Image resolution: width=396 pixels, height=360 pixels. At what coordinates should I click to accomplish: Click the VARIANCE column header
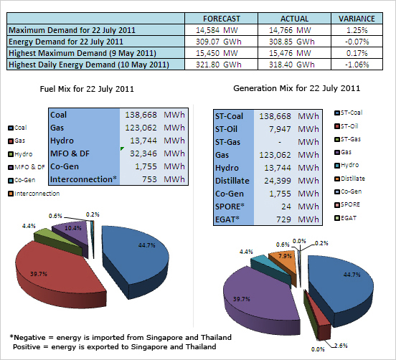(357, 19)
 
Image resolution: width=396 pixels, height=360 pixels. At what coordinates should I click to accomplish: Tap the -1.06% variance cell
(357, 65)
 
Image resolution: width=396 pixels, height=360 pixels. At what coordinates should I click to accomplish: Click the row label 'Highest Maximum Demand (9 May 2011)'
(82, 53)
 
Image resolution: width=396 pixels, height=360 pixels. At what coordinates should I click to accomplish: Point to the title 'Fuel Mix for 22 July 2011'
(87, 89)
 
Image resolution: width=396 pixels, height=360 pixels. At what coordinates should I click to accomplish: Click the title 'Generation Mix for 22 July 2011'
(297, 88)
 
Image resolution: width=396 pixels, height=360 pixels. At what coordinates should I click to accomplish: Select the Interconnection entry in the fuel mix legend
(34, 194)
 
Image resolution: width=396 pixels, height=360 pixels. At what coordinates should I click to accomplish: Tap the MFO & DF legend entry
(27, 167)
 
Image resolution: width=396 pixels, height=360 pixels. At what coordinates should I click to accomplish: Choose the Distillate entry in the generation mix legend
(350, 179)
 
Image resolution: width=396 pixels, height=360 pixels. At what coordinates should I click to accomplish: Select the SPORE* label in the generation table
(230, 207)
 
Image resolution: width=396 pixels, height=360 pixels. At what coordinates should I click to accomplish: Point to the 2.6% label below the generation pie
(341, 346)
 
